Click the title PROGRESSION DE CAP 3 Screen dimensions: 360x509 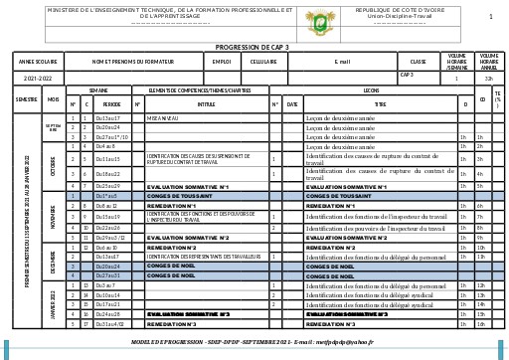pyautogui.click(x=252, y=46)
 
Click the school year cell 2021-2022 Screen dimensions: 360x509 pyautogui.click(x=38, y=77)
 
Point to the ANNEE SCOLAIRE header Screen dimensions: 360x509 pyautogui.click(x=38, y=61)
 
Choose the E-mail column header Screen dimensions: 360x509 pyautogui.click(x=342, y=61)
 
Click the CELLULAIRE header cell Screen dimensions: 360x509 pyautogui.click(x=263, y=61)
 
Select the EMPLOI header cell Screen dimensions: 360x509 pyautogui.click(x=222, y=61)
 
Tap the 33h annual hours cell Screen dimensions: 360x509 pyautogui.click(x=488, y=77)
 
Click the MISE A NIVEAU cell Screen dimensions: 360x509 pyautogui.click(x=163, y=117)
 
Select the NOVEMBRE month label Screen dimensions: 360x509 pyautogui.click(x=53, y=211)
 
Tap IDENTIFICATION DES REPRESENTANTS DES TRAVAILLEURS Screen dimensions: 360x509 pyautogui.click(x=205, y=257)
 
